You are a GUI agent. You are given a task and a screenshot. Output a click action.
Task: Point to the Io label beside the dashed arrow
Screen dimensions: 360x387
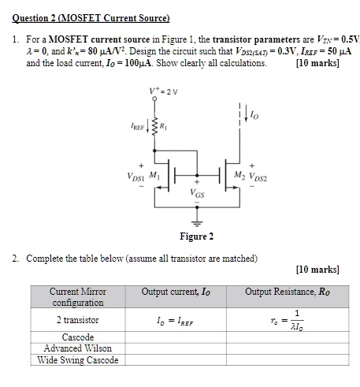251,118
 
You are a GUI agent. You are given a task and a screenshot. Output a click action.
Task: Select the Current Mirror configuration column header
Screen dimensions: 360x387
78,297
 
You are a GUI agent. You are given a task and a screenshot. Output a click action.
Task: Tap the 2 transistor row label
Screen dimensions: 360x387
77,320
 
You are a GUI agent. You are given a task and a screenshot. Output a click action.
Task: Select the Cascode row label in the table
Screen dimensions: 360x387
77,337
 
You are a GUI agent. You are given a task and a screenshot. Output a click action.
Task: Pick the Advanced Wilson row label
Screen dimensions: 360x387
77,348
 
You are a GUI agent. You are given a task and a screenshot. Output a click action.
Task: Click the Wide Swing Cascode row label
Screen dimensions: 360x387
77,360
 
